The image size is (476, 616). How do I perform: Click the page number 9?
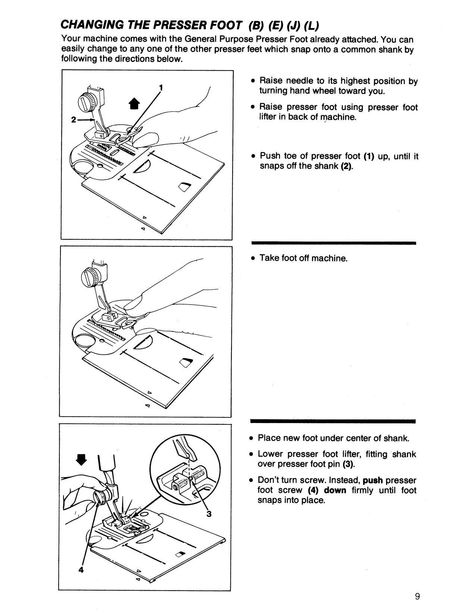[x=417, y=596]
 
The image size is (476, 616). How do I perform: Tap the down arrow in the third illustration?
[x=81, y=460]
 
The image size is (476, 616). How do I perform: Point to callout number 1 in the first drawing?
[x=161, y=88]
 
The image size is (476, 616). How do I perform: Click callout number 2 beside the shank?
[x=74, y=120]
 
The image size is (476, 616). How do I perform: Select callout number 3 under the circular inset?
[x=209, y=514]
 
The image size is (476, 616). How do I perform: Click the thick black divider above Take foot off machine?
[x=334, y=243]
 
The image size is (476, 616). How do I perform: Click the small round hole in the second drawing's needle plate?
[x=102, y=340]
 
